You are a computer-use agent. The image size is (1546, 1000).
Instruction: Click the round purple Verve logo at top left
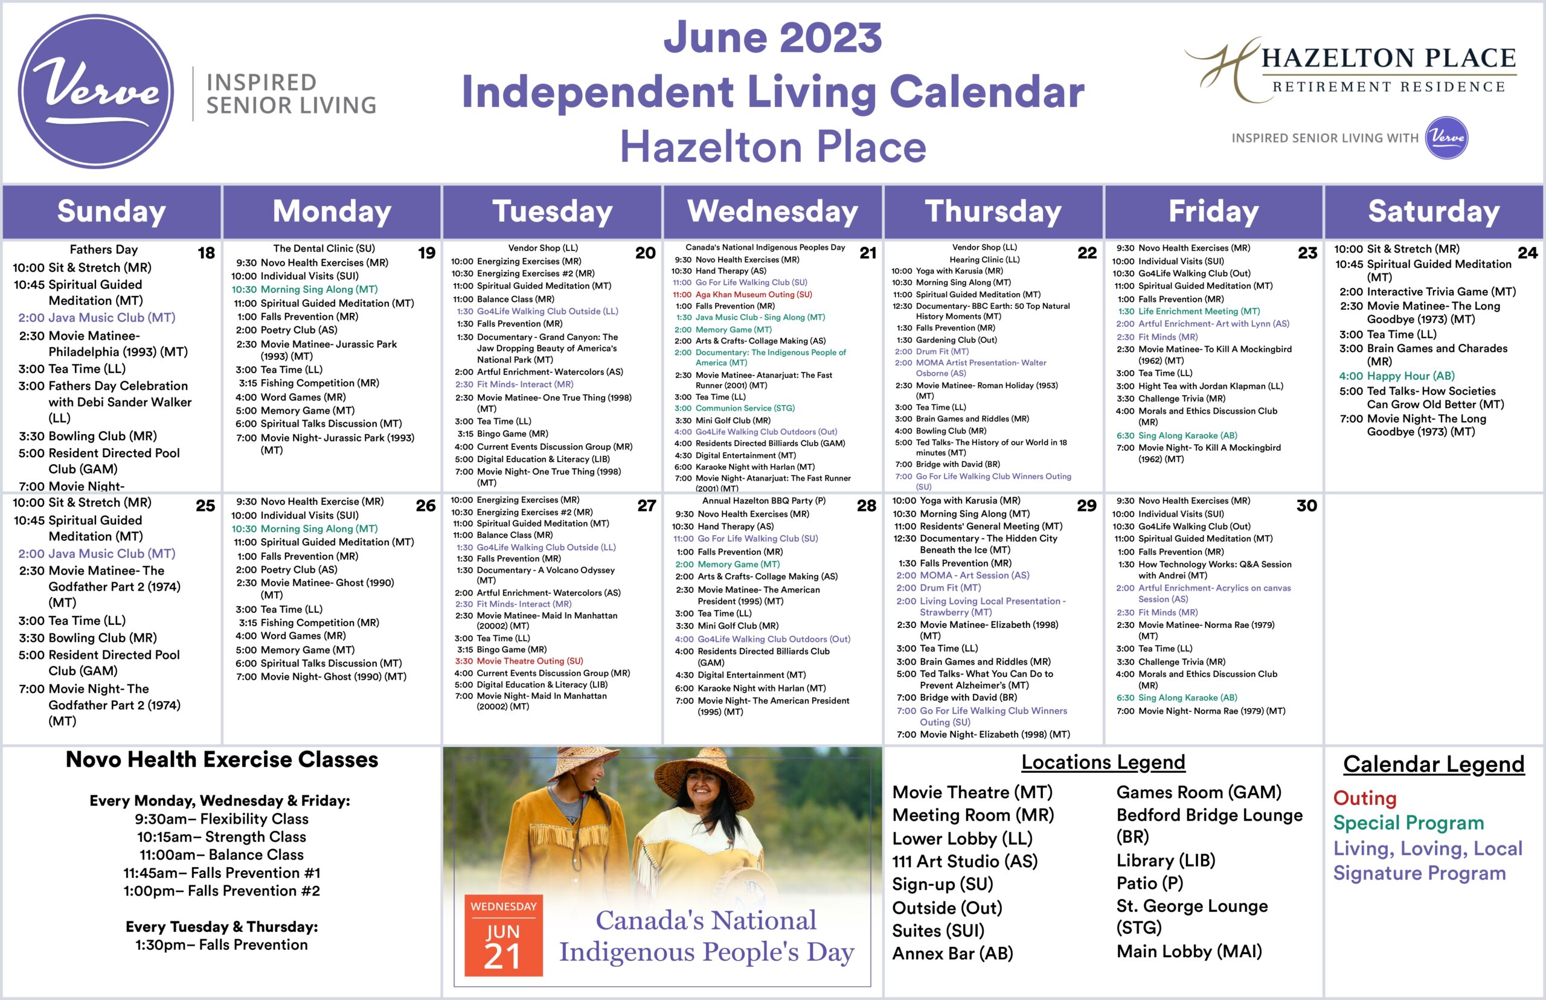coord(95,92)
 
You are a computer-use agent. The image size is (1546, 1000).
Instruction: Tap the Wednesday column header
coord(772,212)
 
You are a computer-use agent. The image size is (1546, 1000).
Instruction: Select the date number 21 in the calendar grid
coord(867,253)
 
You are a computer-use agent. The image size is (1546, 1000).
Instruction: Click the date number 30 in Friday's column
coord(1306,506)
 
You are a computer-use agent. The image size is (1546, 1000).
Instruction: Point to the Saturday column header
coord(1434,212)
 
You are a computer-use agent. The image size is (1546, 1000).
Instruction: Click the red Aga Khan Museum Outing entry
coord(742,294)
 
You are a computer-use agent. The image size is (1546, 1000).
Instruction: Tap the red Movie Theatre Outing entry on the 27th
coord(519,661)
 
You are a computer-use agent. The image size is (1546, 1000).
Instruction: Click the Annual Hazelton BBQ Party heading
coord(763,501)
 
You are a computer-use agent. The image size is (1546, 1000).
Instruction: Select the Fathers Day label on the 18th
coord(104,249)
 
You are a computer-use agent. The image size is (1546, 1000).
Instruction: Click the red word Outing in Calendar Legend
coord(1364,798)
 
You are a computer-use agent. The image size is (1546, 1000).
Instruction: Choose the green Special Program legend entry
coord(1408,822)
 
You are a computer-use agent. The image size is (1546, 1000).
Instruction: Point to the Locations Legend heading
coord(1103,761)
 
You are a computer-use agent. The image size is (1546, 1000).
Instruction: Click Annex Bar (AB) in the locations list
coord(952,954)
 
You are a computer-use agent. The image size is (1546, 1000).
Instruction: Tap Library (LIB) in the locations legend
coord(1166,861)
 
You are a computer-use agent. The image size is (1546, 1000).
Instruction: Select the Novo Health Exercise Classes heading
coord(222,760)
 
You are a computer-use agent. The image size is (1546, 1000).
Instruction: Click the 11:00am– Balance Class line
coord(222,854)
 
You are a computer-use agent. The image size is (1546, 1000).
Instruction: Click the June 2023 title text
coord(772,37)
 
